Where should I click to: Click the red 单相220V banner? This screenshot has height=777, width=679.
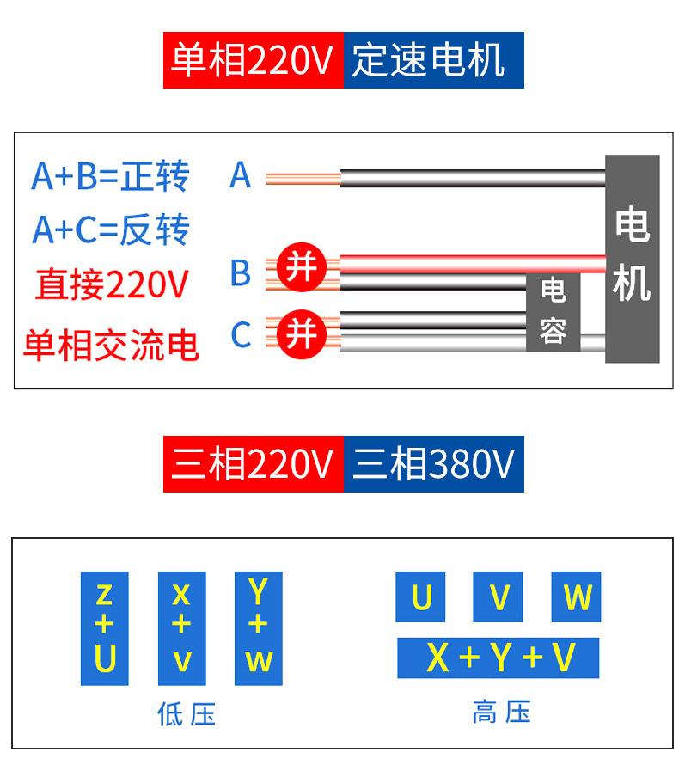coord(254,60)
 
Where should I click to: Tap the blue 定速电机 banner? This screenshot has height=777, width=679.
coord(434,60)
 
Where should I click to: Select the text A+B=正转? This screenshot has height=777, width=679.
coord(110,176)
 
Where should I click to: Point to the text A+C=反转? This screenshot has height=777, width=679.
coord(111,229)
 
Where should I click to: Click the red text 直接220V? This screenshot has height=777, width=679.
coord(112,284)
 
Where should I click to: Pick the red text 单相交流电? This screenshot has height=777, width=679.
coord(111,345)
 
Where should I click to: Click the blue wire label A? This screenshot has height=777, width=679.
coord(241,175)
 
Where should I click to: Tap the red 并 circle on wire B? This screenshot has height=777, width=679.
coord(302,267)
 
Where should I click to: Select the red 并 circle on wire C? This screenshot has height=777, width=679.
coord(302,334)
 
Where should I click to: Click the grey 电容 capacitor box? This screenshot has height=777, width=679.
coord(554,312)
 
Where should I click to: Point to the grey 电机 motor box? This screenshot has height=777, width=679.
coord(633,259)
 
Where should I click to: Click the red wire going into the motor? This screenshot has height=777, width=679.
coord(473,264)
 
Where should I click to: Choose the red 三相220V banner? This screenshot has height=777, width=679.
coord(254,464)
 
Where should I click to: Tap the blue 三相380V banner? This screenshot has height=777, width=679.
coord(434,464)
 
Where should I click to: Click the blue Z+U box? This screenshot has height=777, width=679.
coord(105,628)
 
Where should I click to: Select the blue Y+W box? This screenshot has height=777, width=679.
coord(258,628)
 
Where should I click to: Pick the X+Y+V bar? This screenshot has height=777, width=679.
coord(499,658)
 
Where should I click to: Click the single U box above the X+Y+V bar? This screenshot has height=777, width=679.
coord(420,597)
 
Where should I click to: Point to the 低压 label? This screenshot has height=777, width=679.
coord(187,714)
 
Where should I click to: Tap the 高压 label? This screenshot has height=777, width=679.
coord(502,712)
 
